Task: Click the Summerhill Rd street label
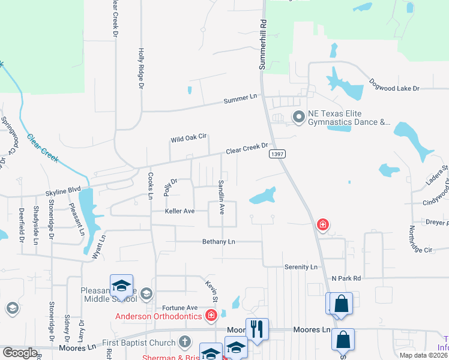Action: point(262,44)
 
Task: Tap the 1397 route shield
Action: point(277,154)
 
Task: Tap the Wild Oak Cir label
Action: point(188,139)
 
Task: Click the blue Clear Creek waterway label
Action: point(42,148)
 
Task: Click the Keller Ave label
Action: point(180,211)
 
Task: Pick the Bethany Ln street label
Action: point(218,241)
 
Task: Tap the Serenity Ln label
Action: point(300,266)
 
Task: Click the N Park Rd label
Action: point(346,278)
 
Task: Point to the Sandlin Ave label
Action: point(221,197)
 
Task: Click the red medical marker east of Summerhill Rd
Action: point(323,225)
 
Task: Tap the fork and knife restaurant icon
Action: point(257,328)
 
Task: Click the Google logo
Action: point(20,353)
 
